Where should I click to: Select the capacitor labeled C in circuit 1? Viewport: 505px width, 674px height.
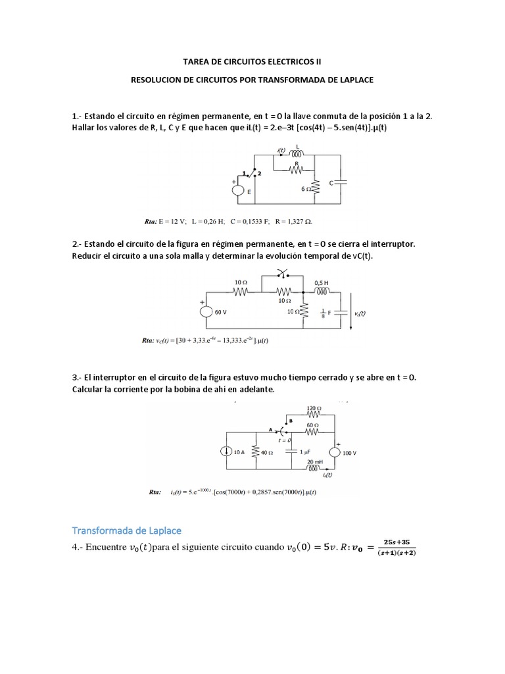tap(341, 182)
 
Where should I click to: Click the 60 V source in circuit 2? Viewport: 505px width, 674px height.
tap(206, 313)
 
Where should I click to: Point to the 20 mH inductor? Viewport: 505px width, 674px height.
tap(317, 468)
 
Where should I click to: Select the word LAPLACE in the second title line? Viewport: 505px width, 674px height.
tap(353, 79)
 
